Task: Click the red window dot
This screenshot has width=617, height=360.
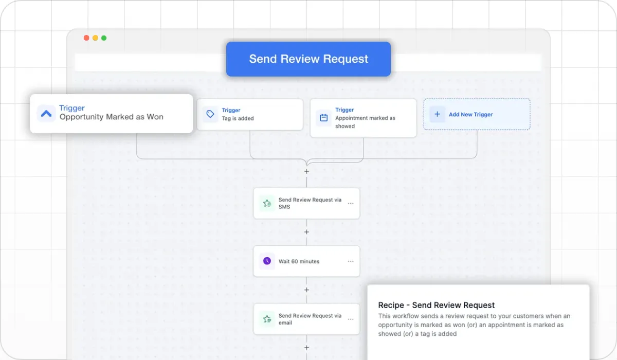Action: point(86,38)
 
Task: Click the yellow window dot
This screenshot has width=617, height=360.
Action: point(95,38)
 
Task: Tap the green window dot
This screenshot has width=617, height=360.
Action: point(104,38)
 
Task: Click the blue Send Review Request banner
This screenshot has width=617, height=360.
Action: point(308,59)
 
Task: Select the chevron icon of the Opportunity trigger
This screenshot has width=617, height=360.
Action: point(46,113)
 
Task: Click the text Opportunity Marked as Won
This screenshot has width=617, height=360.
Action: point(111,117)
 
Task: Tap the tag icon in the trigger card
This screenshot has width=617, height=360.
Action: point(210,114)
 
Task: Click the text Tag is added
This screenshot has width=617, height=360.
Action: point(238,118)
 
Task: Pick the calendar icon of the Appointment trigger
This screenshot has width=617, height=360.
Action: point(323,118)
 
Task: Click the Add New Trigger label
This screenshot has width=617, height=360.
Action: point(471,114)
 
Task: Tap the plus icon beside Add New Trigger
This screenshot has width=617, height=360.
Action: point(437,114)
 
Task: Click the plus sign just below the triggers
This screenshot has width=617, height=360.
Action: point(306,171)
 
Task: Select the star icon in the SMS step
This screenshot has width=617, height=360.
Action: point(267,203)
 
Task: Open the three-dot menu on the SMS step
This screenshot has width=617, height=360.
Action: point(351,203)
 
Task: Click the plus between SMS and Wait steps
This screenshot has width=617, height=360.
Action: point(306,232)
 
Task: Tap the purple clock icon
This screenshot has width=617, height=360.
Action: point(267,261)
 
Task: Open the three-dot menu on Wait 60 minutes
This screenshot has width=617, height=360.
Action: point(351,261)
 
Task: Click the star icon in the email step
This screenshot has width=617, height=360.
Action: point(267,319)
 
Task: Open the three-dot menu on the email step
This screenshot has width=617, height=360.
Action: point(351,319)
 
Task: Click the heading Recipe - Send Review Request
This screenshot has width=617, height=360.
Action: point(437,305)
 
